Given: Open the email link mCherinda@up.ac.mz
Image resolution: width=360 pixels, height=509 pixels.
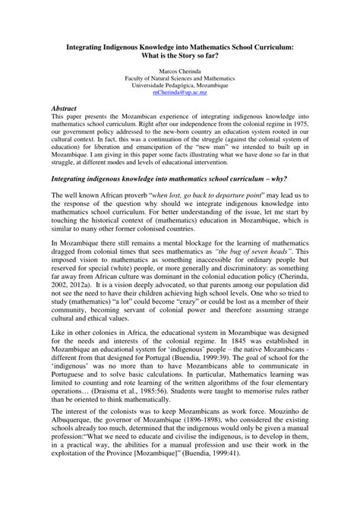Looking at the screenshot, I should pos(179,92).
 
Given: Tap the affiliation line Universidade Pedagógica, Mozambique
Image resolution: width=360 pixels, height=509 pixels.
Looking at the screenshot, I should pos(179,84).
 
